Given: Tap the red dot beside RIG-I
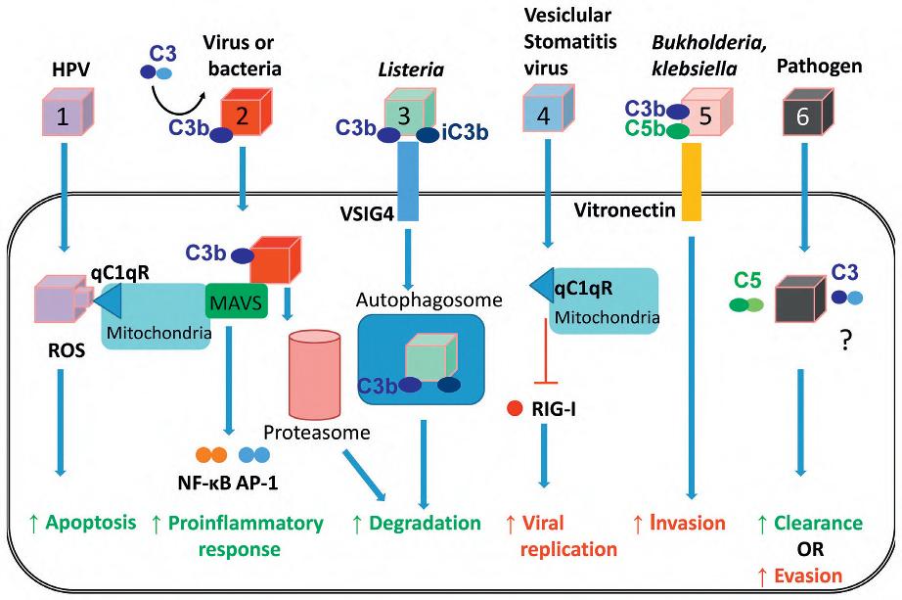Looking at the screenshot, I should pos(514,407).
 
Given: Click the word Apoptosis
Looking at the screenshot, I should pos(85,522).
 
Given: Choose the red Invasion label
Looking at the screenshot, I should pos(685,522).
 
